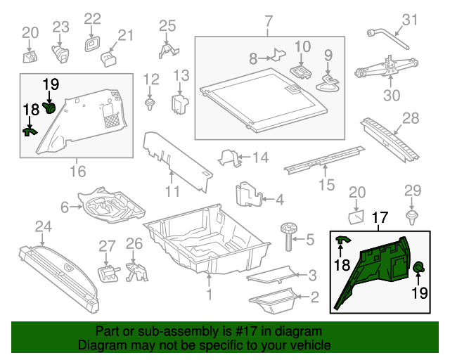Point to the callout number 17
pos(380,219)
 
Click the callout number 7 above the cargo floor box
pos(268,22)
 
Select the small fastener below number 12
pos(150,105)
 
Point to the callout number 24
pos(44,226)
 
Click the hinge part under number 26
pos(134,271)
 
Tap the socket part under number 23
pos(60,51)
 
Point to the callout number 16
pos(77,171)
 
